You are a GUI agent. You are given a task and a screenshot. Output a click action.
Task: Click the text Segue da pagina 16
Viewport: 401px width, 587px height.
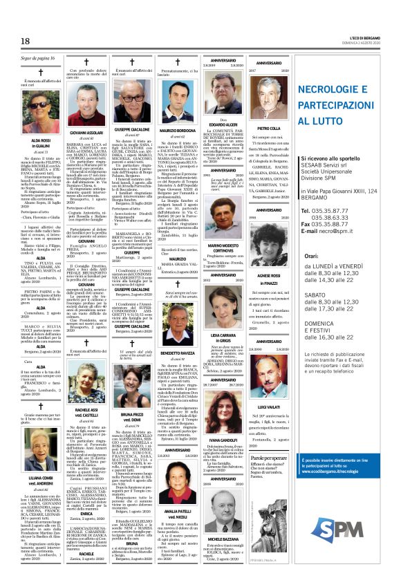[37, 59]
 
